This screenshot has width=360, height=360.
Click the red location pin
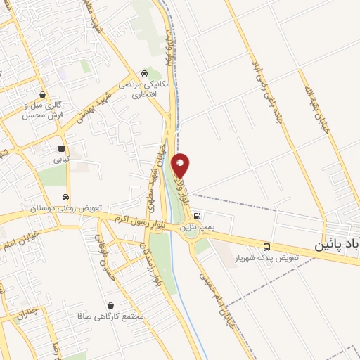pyautogui.click(x=181, y=165)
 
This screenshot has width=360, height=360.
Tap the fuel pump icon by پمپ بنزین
pyautogui.click(x=197, y=216)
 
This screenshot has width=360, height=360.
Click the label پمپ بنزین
pyautogui.click(x=196, y=227)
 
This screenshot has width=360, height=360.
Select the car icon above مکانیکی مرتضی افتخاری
pyautogui.click(x=144, y=72)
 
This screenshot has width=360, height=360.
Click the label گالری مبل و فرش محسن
pyautogui.click(x=44, y=110)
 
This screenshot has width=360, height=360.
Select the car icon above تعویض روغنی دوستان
pyautogui.click(x=65, y=198)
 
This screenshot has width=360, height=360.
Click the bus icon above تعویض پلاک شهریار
pyautogui.click(x=266, y=247)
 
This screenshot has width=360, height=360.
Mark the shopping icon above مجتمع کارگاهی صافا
pyautogui.click(x=111, y=305)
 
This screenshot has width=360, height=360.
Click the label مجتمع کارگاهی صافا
pyautogui.click(x=112, y=316)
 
